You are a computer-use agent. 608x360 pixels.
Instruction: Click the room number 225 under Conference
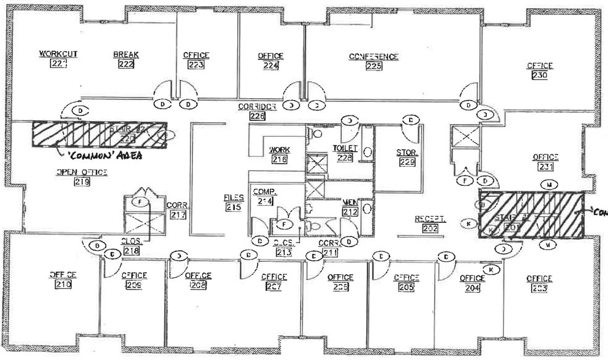(373, 67)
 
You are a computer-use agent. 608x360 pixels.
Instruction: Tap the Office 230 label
(539, 70)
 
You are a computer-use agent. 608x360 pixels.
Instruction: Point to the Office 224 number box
(270, 65)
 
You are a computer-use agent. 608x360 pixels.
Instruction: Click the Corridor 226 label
(257, 111)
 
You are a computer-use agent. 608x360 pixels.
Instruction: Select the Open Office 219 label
(82, 177)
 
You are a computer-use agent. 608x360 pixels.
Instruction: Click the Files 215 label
(233, 203)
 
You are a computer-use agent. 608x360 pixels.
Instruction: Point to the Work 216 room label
(279, 154)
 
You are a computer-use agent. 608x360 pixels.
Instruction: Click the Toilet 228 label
(344, 153)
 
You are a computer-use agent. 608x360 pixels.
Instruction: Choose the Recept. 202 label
(430, 224)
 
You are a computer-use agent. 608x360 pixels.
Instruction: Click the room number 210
(63, 285)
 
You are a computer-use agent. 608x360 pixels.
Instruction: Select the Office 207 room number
(273, 287)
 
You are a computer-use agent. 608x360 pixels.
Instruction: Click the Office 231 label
(545, 162)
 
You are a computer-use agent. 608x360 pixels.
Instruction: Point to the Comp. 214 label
(265, 196)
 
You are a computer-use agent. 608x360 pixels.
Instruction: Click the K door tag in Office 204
(491, 269)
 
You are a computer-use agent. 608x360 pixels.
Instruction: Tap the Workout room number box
(57, 64)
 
